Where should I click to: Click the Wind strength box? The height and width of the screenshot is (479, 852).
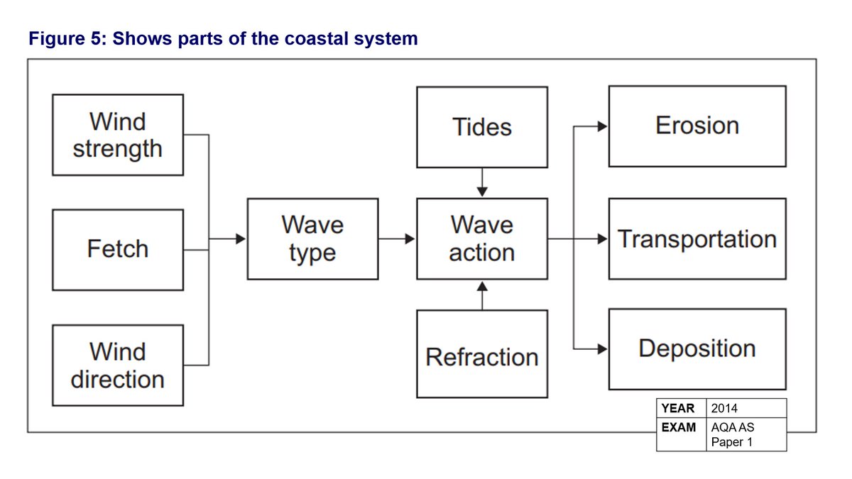pyautogui.click(x=118, y=135)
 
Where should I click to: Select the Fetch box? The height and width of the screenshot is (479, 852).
pyautogui.click(x=118, y=250)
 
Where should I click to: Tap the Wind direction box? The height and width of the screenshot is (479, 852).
pyautogui.click(x=118, y=365)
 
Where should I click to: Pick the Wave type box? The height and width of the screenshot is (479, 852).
pyautogui.click(x=312, y=239)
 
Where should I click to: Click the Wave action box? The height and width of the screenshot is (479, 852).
pyautogui.click(x=482, y=239)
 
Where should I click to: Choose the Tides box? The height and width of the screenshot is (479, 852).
pyautogui.click(x=482, y=127)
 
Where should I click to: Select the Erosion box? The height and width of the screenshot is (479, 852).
pyautogui.click(x=697, y=126)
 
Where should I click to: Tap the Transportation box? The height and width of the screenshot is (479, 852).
pyautogui.click(x=697, y=239)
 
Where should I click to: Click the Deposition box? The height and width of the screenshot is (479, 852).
pyautogui.click(x=697, y=349)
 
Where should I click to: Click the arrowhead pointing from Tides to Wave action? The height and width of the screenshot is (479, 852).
pyautogui.click(x=482, y=192)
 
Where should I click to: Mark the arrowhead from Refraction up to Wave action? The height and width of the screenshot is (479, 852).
pyautogui.click(x=482, y=286)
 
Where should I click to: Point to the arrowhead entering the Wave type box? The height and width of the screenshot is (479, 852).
pyautogui.click(x=241, y=239)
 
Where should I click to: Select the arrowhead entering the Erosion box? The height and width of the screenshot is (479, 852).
pyautogui.click(x=602, y=126)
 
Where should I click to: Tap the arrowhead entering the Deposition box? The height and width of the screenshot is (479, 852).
pyautogui.click(x=602, y=349)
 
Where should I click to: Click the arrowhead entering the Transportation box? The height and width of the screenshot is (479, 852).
pyautogui.click(x=602, y=239)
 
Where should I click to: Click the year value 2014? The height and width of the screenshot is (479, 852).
pyautogui.click(x=724, y=408)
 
